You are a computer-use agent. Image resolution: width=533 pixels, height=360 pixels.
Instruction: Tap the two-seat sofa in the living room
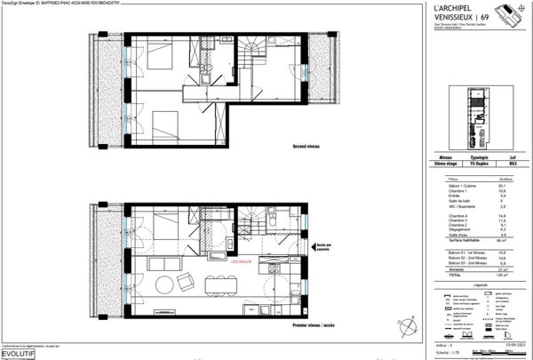pyautogui.click(x=187, y=283)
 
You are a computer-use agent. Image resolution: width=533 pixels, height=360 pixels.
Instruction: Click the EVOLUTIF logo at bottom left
pyautogui.click(x=20, y=352)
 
